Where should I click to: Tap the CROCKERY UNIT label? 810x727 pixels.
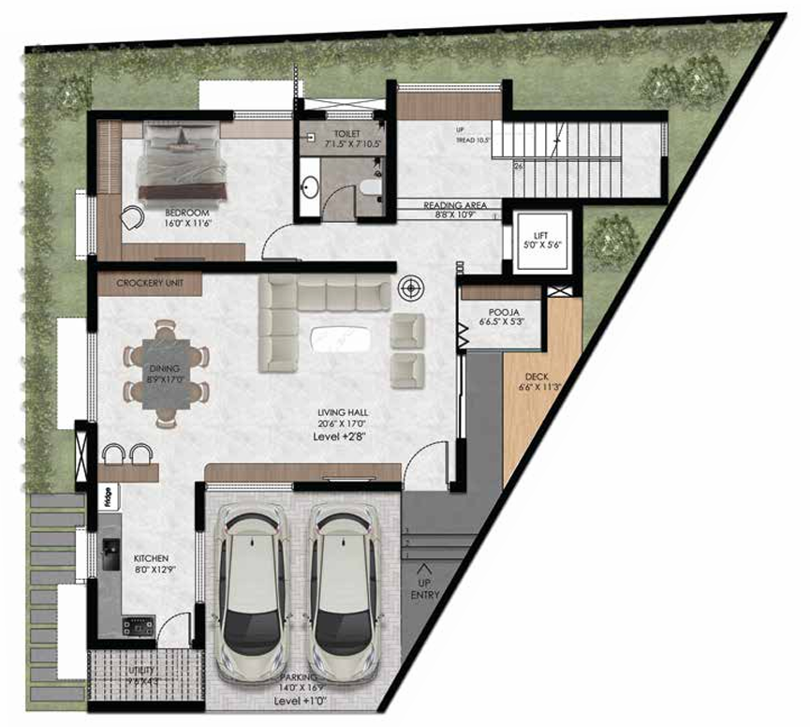[148, 283]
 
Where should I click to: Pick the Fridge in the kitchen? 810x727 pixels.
[108, 496]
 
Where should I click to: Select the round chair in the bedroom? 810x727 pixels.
[131, 217]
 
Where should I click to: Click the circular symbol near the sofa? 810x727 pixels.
[409, 286]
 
